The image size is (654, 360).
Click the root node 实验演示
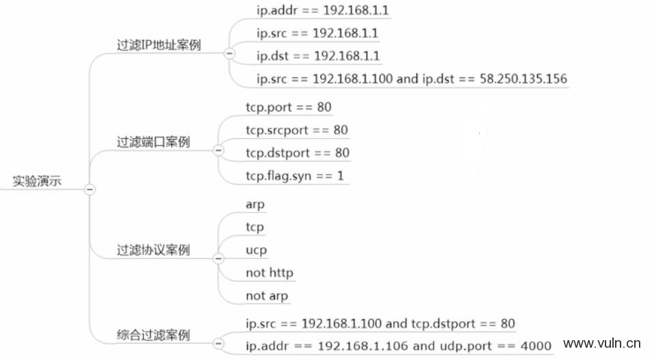(37, 181)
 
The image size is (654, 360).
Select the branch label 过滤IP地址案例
(159, 45)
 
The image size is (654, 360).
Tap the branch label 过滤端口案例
(153, 142)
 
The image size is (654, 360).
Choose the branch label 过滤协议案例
(153, 250)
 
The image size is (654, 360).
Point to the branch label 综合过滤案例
(153, 335)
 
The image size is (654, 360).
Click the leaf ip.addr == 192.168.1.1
(322, 10)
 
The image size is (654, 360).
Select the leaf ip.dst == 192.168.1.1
(318, 56)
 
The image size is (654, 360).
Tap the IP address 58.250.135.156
(524, 79)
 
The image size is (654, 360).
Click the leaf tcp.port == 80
(289, 107)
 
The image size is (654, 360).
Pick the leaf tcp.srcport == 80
(296, 130)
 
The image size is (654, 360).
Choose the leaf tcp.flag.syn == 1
(294, 176)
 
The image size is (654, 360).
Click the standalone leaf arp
(255, 205)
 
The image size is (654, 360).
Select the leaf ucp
(256, 250)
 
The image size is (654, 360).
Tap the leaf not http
(270, 273)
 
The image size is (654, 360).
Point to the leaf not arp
(267, 296)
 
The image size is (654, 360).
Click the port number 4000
(536, 346)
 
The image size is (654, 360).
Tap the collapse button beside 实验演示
(89, 189)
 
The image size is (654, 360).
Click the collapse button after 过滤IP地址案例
(229, 53)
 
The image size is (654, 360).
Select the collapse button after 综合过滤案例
(218, 344)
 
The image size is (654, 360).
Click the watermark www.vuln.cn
(602, 344)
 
